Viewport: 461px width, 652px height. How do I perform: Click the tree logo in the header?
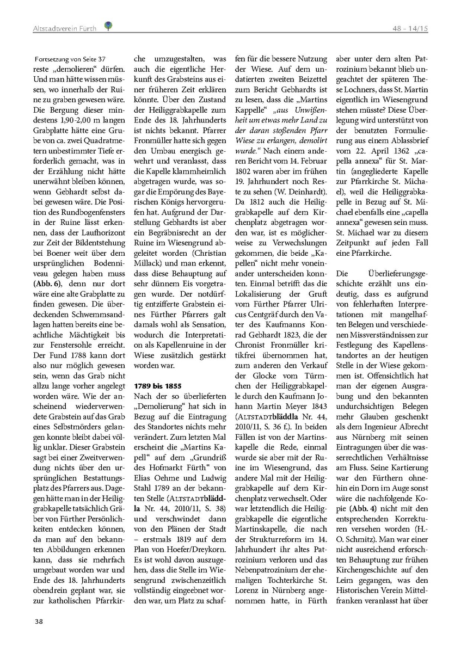coord(108,25)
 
